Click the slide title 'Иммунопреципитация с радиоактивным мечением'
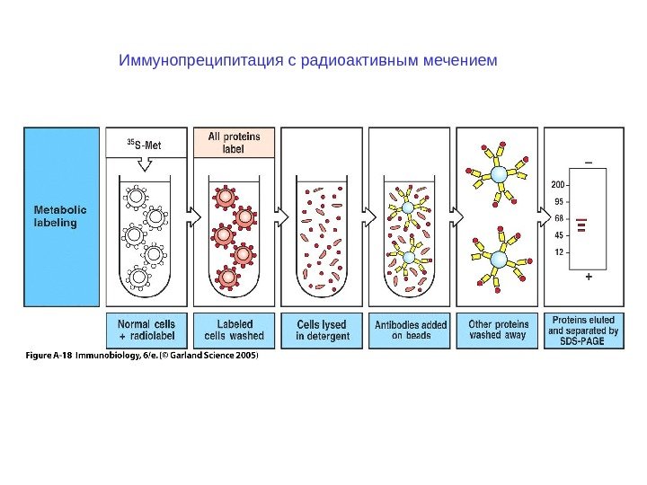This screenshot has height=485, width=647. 307,62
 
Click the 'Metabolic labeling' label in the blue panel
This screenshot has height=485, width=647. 55,216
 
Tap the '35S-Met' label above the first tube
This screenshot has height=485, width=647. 147,143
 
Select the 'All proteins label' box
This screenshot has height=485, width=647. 235,143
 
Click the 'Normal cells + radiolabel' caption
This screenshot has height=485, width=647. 147,330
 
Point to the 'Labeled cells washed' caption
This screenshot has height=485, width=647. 235,330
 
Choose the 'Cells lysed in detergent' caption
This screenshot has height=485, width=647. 323,330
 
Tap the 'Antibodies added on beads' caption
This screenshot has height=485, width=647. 410,330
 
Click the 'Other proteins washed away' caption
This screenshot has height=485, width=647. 498,330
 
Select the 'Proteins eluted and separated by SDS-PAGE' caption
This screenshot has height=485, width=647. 584,330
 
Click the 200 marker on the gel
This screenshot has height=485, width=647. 558,186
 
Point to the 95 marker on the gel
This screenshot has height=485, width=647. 560,202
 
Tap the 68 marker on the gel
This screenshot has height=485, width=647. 560,218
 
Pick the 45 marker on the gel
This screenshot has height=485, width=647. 560,235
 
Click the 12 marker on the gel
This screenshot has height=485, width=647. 560,251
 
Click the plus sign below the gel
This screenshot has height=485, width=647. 589,278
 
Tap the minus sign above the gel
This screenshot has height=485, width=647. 589,163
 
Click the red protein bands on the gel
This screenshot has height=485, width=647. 582,225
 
